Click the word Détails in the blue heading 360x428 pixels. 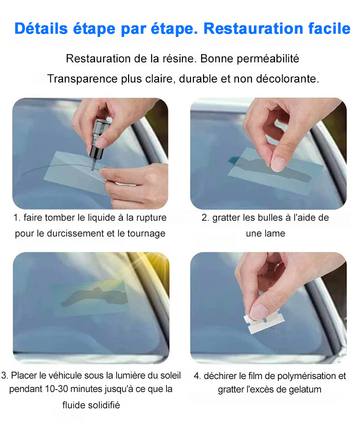coord(41,28)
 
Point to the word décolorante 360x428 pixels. coord(288,79)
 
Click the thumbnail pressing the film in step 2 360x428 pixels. coord(279,164)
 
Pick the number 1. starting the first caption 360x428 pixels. coord(17,218)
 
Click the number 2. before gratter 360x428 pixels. coord(205,218)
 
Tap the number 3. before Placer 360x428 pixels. coord(5,375)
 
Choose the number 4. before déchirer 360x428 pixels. coord(197,376)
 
